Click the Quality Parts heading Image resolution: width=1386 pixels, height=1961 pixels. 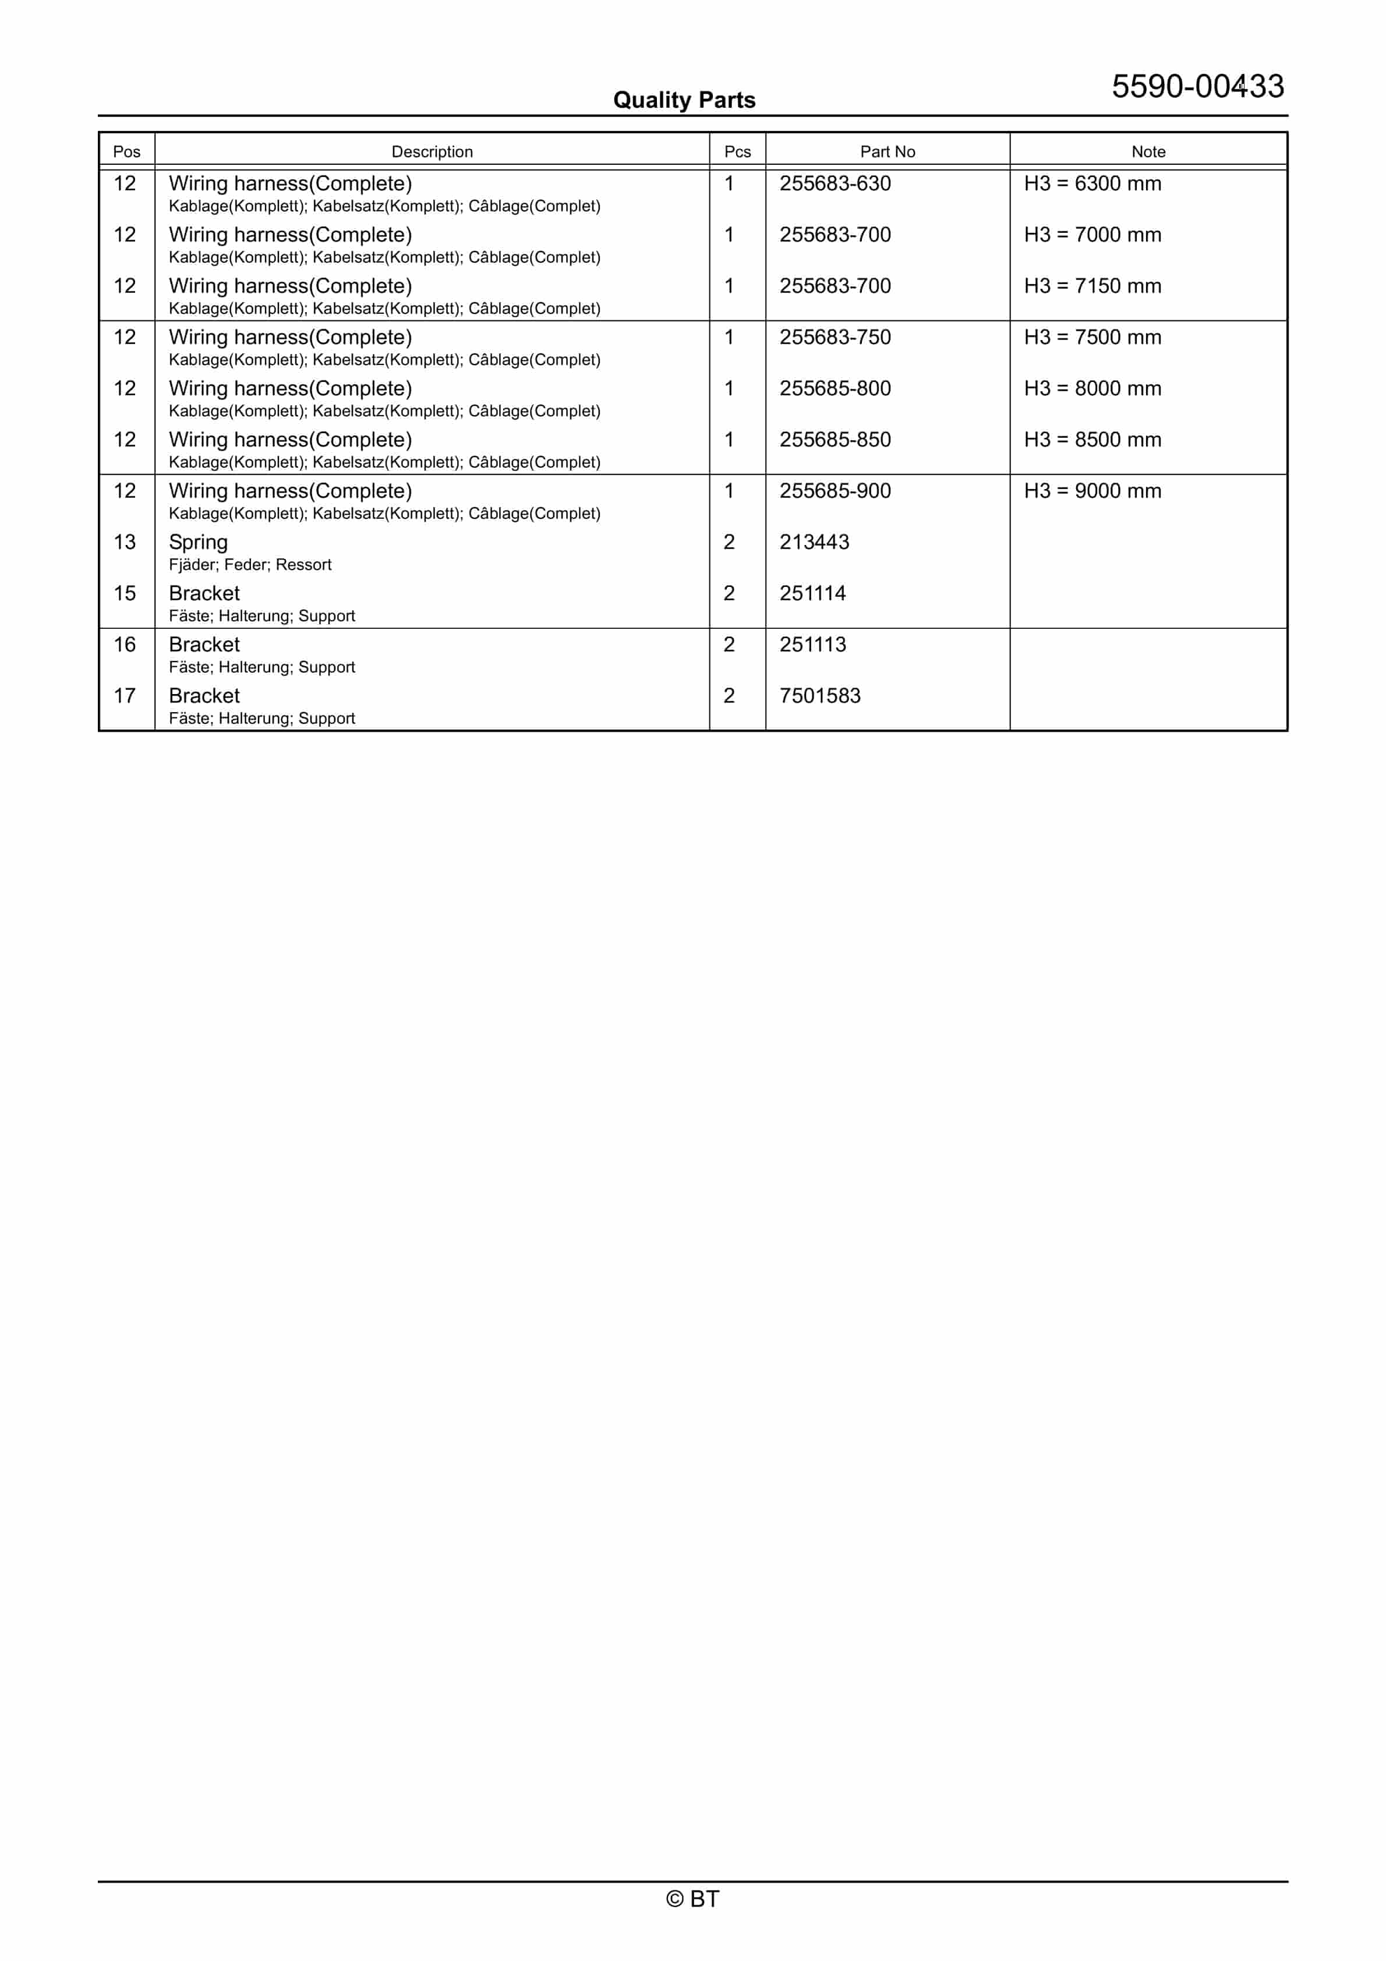pos(684,100)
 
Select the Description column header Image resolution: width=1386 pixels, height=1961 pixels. pos(432,151)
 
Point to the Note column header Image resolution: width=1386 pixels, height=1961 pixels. pos(1148,151)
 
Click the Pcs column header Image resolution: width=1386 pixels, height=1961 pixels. pos(737,151)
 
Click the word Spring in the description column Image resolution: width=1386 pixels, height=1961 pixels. pos(198,542)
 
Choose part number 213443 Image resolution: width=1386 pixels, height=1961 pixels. pos(814,542)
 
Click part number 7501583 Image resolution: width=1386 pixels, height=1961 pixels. pos(819,696)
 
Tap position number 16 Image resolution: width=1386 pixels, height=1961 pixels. pos(125,645)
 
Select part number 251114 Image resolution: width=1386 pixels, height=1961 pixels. pos(812,593)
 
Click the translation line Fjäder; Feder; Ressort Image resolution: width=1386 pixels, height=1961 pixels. pos(249,565)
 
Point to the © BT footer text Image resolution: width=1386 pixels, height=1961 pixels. pos(692,1899)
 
